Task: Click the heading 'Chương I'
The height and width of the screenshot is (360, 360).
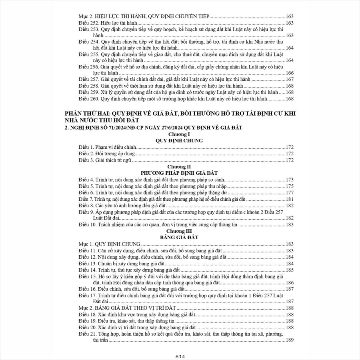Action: pyautogui.click(x=179, y=134)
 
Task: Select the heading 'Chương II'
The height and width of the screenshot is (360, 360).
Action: pyautogui.click(x=179, y=166)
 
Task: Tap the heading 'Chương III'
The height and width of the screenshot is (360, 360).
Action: pyautogui.click(x=179, y=231)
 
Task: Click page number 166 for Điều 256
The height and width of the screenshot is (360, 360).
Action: pyautogui.click(x=290, y=73)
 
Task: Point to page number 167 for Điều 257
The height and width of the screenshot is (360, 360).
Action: pyautogui.click(x=290, y=80)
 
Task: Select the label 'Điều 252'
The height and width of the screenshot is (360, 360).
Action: pyautogui.click(x=88, y=23)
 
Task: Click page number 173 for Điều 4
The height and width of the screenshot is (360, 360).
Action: pyautogui.click(x=290, y=180)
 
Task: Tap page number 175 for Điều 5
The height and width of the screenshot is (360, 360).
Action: pyautogui.click(x=290, y=186)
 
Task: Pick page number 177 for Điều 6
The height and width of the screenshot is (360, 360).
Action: pyautogui.click(x=290, y=192)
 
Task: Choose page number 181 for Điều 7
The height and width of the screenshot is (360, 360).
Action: pyautogui.click(x=290, y=199)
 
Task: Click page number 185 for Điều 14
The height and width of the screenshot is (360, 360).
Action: pyautogui.click(x=290, y=270)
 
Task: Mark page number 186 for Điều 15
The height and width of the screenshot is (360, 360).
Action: pyautogui.click(x=290, y=282)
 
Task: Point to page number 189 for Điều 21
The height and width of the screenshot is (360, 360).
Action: pyautogui.click(x=290, y=340)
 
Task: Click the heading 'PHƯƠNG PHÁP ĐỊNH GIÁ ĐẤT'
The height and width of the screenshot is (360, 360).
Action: pyautogui.click(x=179, y=173)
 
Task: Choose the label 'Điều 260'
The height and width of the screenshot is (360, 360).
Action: pyautogui.click(x=88, y=98)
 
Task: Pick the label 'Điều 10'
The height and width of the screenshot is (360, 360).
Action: pyautogui.click(x=87, y=225)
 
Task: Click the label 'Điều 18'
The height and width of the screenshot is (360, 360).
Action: pyautogui.click(x=87, y=314)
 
